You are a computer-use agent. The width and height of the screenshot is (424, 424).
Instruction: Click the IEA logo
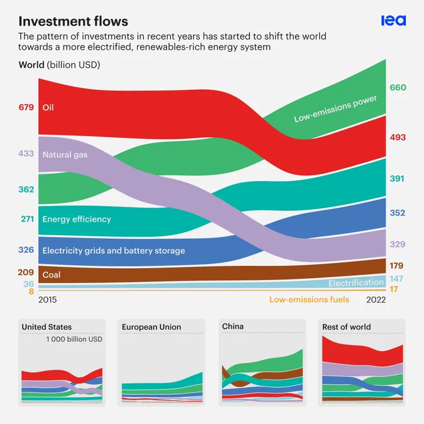coord(393,21)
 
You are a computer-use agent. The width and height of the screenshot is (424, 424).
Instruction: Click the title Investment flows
coord(74,21)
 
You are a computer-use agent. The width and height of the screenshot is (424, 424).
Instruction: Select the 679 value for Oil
coord(26,107)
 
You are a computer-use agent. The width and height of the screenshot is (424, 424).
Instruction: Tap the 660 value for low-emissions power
coord(398,87)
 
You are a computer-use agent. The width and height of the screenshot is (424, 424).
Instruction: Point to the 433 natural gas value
coord(26,153)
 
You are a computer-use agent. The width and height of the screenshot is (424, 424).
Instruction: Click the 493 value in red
coord(398,137)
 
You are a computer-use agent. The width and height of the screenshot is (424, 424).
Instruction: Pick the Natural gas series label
coord(65,155)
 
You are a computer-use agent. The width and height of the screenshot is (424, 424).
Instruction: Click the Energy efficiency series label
coord(77,219)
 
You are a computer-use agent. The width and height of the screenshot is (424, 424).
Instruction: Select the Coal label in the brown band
coord(51,275)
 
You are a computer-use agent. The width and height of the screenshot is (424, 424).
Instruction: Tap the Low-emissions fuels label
coord(309,300)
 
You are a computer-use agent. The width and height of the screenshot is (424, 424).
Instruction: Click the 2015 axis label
coord(47,300)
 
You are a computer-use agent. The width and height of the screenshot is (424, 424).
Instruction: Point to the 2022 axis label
coord(376,300)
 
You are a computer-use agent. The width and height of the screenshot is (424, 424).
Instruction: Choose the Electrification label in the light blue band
coord(356,283)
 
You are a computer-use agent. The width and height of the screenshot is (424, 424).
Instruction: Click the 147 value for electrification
coord(397,279)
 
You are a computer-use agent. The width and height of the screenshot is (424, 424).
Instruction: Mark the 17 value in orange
coord(393,289)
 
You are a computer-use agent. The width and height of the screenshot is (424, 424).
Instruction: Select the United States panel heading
coord(47,327)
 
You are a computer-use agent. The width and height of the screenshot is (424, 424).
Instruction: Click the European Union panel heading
coord(152,327)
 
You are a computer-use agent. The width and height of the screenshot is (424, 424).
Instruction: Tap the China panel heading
coord(233,326)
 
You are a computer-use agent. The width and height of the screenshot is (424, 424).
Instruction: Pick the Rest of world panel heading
coord(347,327)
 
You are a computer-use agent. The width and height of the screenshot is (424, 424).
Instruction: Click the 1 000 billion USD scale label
coord(74,339)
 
